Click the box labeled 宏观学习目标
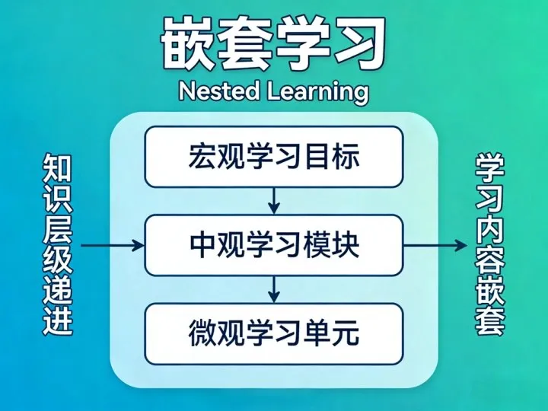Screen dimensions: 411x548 (x=273, y=157)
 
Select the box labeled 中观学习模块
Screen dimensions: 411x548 (x=273, y=245)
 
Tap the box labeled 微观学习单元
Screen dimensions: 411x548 (x=273, y=333)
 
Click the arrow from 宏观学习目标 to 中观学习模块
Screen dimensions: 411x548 (x=274, y=201)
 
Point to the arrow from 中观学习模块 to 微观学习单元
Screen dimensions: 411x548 (x=274, y=288)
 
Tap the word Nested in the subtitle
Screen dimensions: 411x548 (x=217, y=91)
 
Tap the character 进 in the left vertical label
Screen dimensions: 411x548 (x=58, y=320)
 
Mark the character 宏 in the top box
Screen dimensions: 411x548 (x=200, y=158)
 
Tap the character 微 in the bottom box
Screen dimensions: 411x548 (x=200, y=333)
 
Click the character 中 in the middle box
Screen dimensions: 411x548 (x=200, y=246)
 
